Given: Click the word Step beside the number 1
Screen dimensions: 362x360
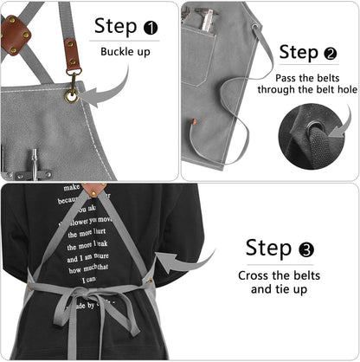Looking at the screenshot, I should coord(114,27).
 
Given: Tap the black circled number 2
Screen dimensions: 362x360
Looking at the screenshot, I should coord(329,54).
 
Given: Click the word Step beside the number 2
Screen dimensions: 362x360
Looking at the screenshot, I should coord(299,53).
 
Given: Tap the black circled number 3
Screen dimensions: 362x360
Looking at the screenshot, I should coord(305,250).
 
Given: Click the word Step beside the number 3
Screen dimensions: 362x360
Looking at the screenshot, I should coord(269,249).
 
